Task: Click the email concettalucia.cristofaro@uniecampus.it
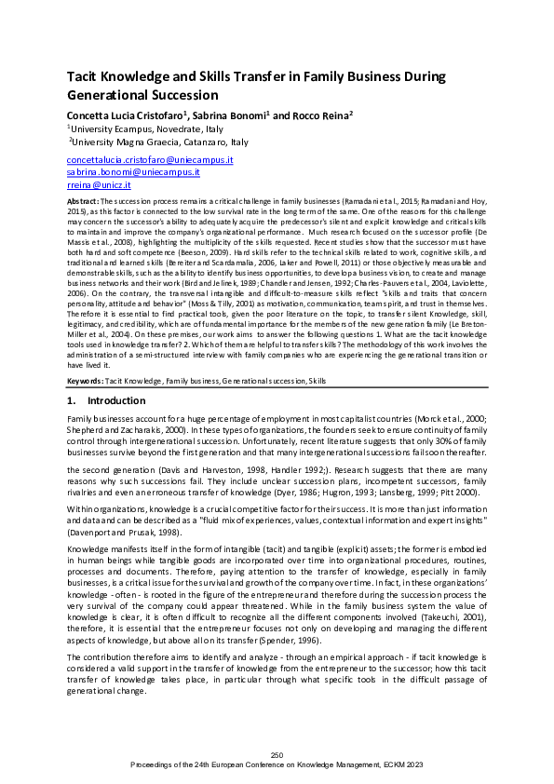pos(149,160)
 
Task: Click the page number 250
pos(277,754)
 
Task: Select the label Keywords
pos(85,382)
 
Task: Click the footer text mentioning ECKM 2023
pos(277,764)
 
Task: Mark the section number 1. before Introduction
pos(72,400)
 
